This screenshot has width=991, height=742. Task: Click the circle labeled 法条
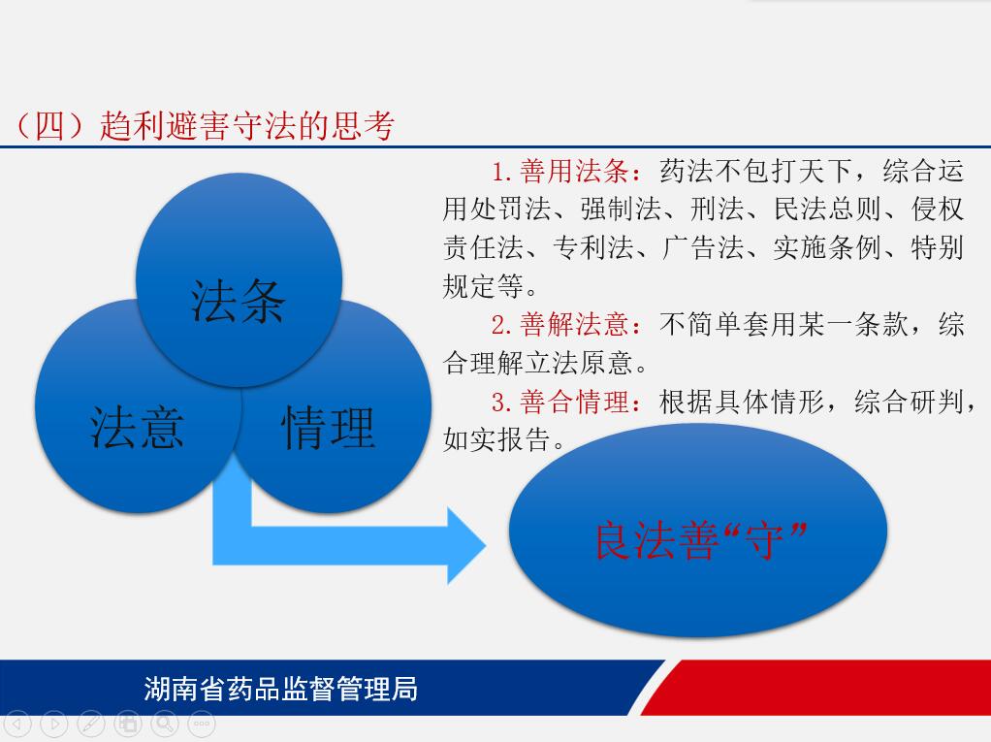pos(239,280)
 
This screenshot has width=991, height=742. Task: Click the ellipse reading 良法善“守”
pos(698,530)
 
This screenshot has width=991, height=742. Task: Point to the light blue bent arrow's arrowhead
pos(466,545)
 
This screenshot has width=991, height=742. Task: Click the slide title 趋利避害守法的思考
pos(247,125)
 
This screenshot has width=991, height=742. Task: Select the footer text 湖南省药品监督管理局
pos(280,689)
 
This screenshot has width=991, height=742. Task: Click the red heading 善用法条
pos(574,172)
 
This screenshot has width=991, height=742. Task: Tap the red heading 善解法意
pos(574,325)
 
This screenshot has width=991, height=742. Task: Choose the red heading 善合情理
pos(574,402)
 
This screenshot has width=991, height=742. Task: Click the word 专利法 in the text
pos(592,247)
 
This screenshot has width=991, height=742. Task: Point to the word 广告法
pos(703,247)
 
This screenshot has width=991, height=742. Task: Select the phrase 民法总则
pos(827,210)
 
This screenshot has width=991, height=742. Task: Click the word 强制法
pos(621,210)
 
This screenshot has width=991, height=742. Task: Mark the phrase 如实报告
pos(496,440)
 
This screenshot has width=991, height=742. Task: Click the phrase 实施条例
pos(827,247)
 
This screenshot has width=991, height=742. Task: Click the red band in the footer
pos(815,688)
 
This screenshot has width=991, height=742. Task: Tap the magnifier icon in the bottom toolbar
pos(164,724)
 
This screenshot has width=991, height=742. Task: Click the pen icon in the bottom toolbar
pos(91,724)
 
